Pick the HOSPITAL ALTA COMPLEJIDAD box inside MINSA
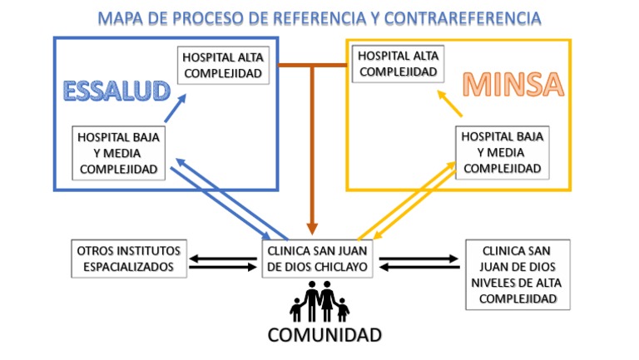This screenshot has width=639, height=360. click(x=398, y=64)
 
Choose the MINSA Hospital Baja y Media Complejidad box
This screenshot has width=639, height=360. click(x=502, y=152)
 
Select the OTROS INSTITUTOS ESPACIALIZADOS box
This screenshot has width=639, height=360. click(x=130, y=259)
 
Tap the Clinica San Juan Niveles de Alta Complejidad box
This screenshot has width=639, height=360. click(x=518, y=274)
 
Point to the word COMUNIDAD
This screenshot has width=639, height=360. click(x=324, y=335)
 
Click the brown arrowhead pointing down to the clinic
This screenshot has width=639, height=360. click(x=313, y=226)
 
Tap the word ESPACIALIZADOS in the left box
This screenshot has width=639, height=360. click(x=130, y=267)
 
